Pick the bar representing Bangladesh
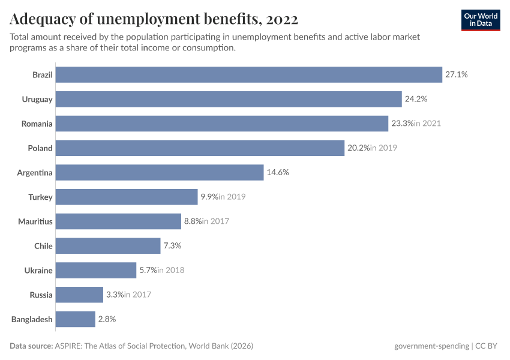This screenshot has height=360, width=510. click(x=76, y=319)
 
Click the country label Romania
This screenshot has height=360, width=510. click(x=37, y=124)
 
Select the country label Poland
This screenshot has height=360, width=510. click(x=40, y=148)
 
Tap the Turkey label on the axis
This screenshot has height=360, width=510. click(x=40, y=197)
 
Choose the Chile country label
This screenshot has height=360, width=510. click(x=43, y=246)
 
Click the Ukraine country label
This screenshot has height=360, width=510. click(x=39, y=271)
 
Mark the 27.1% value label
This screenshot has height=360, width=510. click(x=456, y=74)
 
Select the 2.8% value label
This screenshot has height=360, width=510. click(x=107, y=319)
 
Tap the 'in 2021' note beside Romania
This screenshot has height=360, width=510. click(x=427, y=124)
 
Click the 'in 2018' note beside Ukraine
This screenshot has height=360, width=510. click(x=170, y=271)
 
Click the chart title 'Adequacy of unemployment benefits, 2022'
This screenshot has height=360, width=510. click(x=154, y=19)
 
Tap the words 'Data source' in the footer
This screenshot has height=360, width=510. click(x=31, y=346)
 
